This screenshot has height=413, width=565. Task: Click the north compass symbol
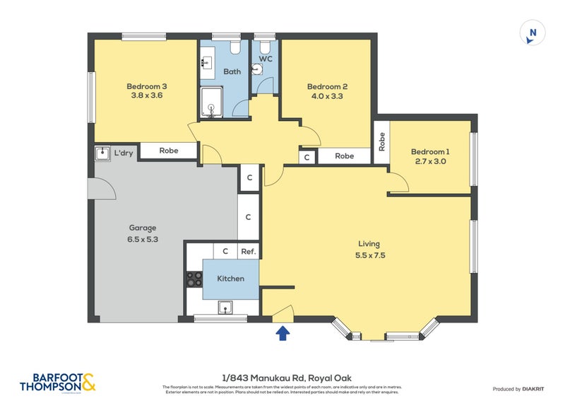point(533,33)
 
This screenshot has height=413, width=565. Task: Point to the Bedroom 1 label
point(429,151)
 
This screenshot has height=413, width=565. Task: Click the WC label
point(266,59)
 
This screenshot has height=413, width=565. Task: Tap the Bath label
point(232,71)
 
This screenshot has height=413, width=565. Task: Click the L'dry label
point(124,153)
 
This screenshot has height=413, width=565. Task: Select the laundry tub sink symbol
point(102,153)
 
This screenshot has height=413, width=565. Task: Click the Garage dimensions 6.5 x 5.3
point(142,238)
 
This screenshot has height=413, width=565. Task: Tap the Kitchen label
point(230,279)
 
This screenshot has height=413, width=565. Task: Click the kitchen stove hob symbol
point(194,279)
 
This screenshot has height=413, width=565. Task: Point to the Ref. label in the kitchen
point(248,251)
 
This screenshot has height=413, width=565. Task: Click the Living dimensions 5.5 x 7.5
point(370,255)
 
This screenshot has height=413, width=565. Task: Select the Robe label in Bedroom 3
point(168,151)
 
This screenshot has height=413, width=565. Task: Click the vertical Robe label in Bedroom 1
point(381,143)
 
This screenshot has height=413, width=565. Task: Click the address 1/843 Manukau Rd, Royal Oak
point(282,378)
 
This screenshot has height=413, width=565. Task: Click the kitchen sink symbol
point(226,307)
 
